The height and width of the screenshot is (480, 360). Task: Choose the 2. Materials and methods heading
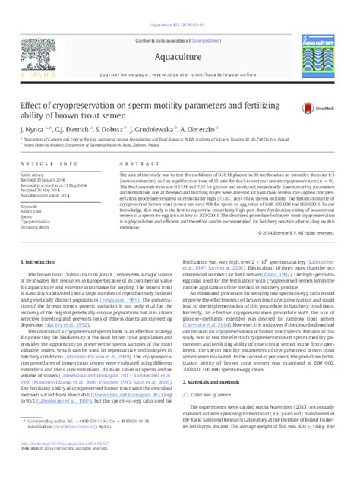(x=217, y=403)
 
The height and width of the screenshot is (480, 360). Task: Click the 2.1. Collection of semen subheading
(x=213, y=416)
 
